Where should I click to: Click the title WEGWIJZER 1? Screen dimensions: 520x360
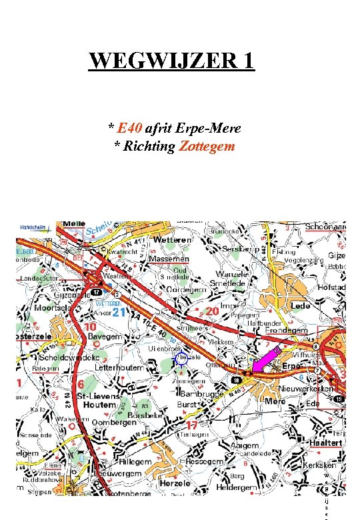click(x=172, y=61)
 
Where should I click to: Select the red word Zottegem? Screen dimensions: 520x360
click(x=207, y=145)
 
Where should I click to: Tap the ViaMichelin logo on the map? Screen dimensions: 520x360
click(x=32, y=227)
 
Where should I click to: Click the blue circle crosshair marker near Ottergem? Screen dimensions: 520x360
click(x=181, y=359)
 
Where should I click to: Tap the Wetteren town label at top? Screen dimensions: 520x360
click(x=173, y=239)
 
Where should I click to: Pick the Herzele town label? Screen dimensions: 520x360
click(x=174, y=483)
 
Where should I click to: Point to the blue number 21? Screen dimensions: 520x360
click(x=119, y=313)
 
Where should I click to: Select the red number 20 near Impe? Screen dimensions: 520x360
click(x=213, y=311)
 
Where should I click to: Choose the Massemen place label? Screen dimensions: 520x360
click(x=169, y=258)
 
